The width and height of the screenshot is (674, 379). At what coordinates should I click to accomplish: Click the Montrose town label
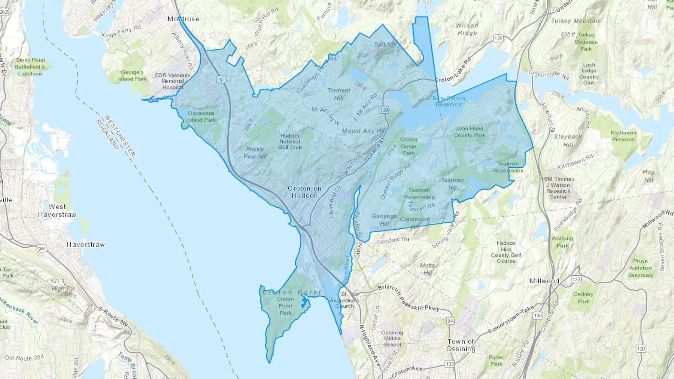pyautogui.click(x=183, y=19)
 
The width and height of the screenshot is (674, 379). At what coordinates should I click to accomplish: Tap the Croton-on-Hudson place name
pyautogui.click(x=304, y=192)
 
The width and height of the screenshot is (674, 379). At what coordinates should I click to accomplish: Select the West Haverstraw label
pyautogui.click(x=57, y=211)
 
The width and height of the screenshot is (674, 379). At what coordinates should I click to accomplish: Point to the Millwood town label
pyautogui.click(x=544, y=281)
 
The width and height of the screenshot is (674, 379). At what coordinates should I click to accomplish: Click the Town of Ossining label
pyautogui.click(x=461, y=345)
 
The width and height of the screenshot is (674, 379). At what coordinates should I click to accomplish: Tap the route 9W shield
pyautogui.click(x=42, y=249)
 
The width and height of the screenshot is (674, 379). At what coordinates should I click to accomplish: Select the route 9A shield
pyautogui.click(x=450, y=321)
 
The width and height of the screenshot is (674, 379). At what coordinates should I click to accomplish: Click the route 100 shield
pyautogui.click(x=538, y=315)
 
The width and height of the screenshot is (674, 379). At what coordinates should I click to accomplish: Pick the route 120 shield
pyautogui.click(x=641, y=349)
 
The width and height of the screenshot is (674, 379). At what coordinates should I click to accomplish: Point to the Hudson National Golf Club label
pyautogui.click(x=290, y=141)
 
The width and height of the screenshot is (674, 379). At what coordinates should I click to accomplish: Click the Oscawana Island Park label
pyautogui.click(x=201, y=116)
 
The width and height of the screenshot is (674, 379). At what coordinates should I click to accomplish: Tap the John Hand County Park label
pyautogui.click(x=470, y=132)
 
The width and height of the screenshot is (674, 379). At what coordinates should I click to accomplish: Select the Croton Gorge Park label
pyautogui.click(x=409, y=146)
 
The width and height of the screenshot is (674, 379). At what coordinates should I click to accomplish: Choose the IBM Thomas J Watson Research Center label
pyautogui.click(x=558, y=188)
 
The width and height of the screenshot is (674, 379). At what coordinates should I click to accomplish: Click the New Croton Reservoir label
pyautogui.click(x=449, y=101)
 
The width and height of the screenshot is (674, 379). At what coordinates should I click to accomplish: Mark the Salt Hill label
pyautogui.click(x=385, y=45)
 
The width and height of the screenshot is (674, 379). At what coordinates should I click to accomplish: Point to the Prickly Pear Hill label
pyautogui.click(x=255, y=153)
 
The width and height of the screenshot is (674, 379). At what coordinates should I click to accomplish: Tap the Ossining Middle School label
pyautogui.click(x=392, y=339)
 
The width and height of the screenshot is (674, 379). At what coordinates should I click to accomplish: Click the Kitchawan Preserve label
pyautogui.click(x=623, y=136)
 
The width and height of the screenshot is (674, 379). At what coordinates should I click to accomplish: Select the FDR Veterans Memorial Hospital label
pyautogui.click(x=173, y=81)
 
